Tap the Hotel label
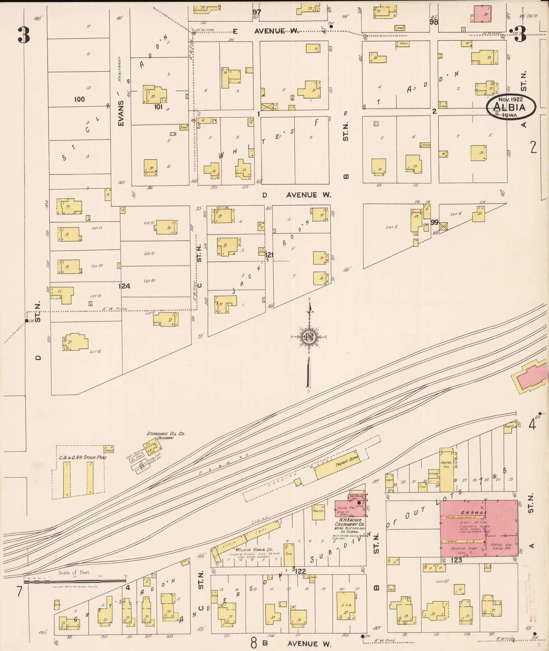[x=446, y=463]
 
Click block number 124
[x=124, y=286]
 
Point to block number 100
[x=79, y=99]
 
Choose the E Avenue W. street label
[x=265, y=32]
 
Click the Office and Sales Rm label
[x=501, y=546]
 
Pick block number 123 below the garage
[x=456, y=560]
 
